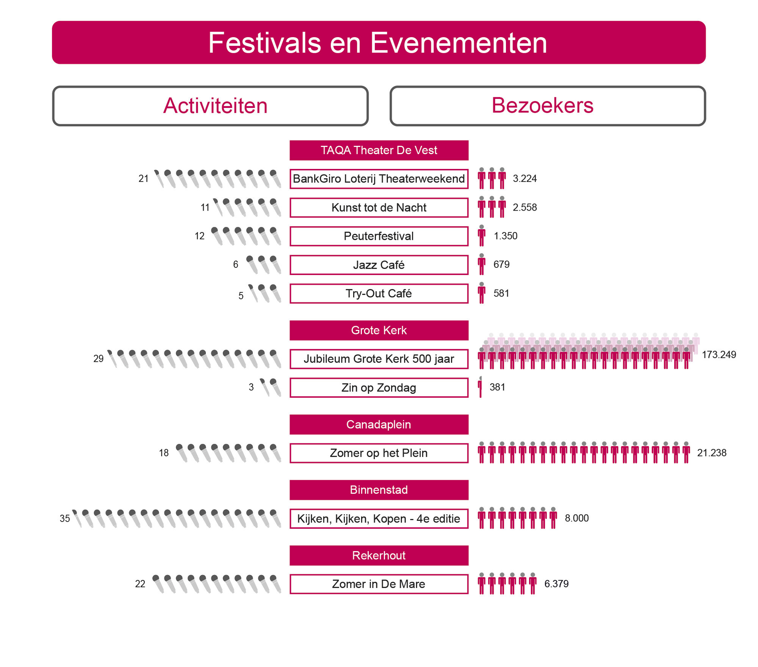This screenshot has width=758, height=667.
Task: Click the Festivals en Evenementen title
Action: point(378,43)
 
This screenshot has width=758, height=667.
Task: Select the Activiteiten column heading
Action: point(215,106)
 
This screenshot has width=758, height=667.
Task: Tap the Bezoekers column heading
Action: point(542,105)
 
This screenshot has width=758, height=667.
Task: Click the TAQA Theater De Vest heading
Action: point(379,150)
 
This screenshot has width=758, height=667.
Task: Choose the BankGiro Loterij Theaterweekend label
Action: point(379,179)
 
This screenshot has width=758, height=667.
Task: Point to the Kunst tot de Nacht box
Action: point(379,208)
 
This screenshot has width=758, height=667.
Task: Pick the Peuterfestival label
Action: point(379,236)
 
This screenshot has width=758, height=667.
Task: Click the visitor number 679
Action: point(501,264)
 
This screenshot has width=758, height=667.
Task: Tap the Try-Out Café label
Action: point(379,294)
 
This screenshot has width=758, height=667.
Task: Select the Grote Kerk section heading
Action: point(379,330)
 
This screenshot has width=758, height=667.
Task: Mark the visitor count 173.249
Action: point(719,355)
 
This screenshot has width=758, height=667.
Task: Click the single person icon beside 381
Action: point(481,387)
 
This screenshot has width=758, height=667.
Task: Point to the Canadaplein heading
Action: point(379,425)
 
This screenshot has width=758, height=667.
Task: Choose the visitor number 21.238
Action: point(712,453)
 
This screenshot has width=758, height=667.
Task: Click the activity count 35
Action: point(65,519)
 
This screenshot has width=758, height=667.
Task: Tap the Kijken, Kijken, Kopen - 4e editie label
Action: point(379,519)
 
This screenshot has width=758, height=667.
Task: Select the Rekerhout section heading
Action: point(379,556)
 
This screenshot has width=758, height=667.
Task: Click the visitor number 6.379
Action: point(556,584)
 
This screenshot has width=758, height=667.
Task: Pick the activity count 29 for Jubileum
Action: point(99,359)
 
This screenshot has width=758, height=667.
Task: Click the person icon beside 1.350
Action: point(482,236)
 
